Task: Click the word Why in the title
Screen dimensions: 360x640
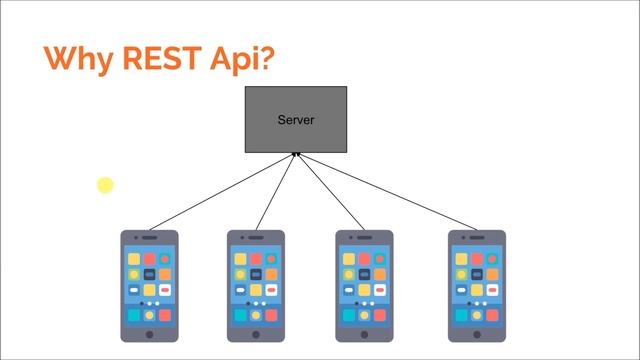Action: click(78, 59)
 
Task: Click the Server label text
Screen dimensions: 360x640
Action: click(296, 120)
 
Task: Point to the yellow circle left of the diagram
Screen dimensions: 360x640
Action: click(105, 184)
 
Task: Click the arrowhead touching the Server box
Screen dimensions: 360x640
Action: click(296, 155)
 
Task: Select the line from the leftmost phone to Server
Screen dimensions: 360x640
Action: click(220, 192)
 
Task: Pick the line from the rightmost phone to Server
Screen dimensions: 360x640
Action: click(390, 192)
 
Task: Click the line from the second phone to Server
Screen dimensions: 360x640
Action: click(277, 192)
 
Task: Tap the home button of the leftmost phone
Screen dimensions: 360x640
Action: click(150, 334)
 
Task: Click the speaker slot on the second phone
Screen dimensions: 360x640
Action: click(257, 238)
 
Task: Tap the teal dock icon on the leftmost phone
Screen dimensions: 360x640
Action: click(134, 315)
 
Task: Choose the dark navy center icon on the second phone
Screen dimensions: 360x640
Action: click(257, 274)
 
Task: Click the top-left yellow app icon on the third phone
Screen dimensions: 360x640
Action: click(349, 259)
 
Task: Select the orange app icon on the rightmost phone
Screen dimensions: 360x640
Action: click(491, 274)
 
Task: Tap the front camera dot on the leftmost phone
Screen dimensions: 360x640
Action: click(136, 238)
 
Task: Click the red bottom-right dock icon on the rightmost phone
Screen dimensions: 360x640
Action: click(491, 315)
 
